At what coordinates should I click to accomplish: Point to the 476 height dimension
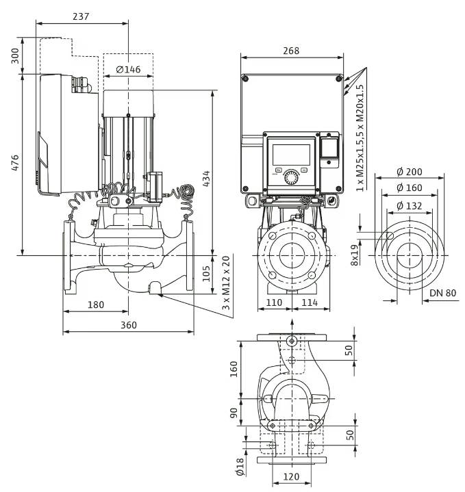click(x=15, y=164)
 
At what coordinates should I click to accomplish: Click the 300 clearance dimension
click(x=15, y=55)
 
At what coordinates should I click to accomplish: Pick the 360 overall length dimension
click(x=128, y=326)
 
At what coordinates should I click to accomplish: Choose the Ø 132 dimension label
click(x=409, y=205)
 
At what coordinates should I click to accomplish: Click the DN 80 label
click(x=442, y=294)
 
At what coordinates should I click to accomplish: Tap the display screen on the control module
click(x=292, y=154)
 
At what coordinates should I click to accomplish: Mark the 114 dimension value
click(x=310, y=301)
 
